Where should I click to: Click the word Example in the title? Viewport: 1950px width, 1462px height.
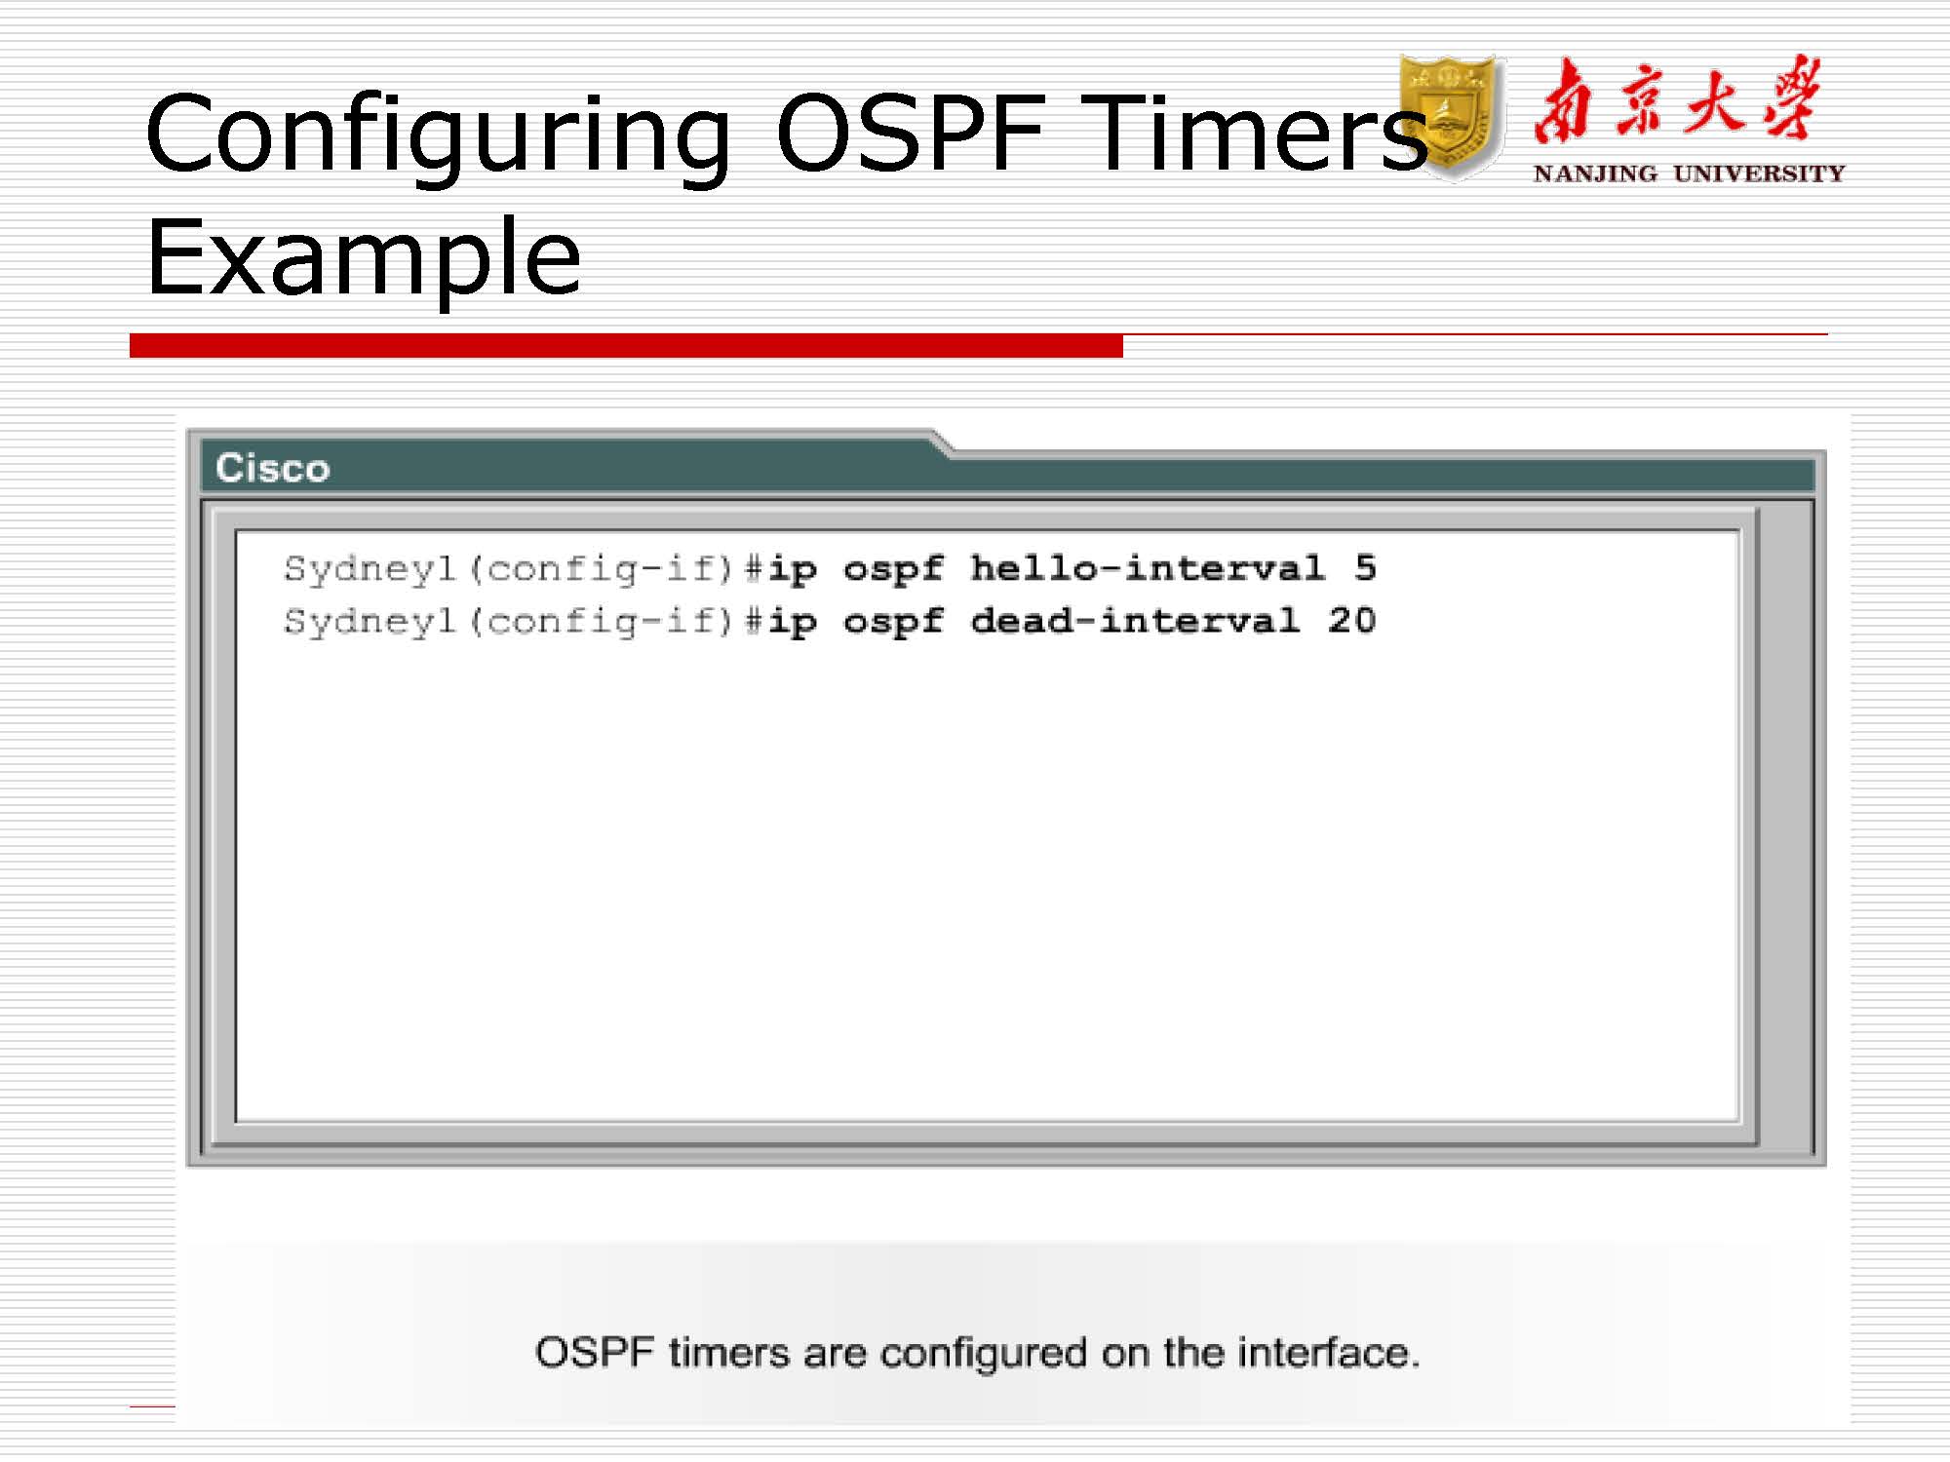click(363, 258)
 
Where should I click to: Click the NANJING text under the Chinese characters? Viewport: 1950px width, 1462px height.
click(1595, 173)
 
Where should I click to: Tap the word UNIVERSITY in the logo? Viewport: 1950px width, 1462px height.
click(1759, 173)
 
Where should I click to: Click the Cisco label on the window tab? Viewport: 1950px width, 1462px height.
click(273, 469)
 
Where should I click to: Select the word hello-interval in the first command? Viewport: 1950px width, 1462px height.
click(1148, 568)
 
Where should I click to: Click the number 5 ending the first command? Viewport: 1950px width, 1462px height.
click(1365, 567)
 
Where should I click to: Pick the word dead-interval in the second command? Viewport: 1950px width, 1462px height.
click(1135, 621)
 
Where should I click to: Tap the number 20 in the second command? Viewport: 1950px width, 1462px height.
click(1351, 620)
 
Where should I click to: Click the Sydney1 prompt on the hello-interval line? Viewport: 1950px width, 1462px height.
click(370, 569)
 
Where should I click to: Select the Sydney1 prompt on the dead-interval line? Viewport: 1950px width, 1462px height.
click(370, 622)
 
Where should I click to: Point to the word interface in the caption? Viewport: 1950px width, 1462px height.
click(1328, 1353)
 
